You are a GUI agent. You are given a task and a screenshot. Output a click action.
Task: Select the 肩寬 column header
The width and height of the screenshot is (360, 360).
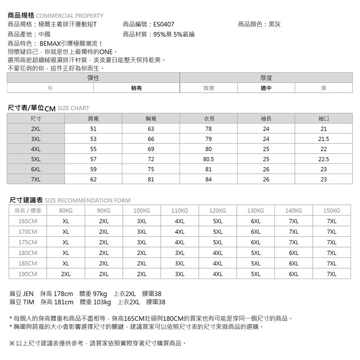(93, 119)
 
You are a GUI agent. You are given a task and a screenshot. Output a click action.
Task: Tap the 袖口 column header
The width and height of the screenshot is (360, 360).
(323, 119)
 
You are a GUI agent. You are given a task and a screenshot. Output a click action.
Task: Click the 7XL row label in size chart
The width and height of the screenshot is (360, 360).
(36, 179)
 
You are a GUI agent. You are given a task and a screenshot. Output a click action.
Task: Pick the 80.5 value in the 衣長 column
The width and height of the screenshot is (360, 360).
(208, 159)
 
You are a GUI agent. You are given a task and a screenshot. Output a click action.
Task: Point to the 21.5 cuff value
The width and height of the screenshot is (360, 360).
(323, 139)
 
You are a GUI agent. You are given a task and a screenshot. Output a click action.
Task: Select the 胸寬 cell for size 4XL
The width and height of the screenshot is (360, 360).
(150, 149)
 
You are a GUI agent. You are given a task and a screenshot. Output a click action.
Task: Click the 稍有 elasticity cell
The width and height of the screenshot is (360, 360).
(136, 88)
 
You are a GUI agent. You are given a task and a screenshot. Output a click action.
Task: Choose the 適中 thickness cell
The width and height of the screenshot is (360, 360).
(266, 88)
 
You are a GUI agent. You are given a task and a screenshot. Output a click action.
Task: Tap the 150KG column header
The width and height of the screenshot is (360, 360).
(332, 211)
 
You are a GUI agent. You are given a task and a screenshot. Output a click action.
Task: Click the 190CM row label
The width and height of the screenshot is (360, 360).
(27, 274)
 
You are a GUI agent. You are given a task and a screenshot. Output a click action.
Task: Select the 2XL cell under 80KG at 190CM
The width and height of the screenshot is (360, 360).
(66, 274)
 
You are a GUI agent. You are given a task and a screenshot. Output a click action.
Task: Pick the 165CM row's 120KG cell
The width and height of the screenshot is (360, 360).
(218, 221)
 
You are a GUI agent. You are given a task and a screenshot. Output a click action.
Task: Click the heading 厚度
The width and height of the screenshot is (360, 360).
(266, 78)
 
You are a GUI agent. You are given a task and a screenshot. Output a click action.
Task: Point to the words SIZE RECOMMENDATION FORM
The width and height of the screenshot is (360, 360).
(88, 201)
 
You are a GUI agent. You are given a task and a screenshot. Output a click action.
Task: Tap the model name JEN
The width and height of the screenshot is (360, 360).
(28, 294)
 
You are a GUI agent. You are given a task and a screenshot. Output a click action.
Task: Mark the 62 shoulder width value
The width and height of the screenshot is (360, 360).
(93, 179)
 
